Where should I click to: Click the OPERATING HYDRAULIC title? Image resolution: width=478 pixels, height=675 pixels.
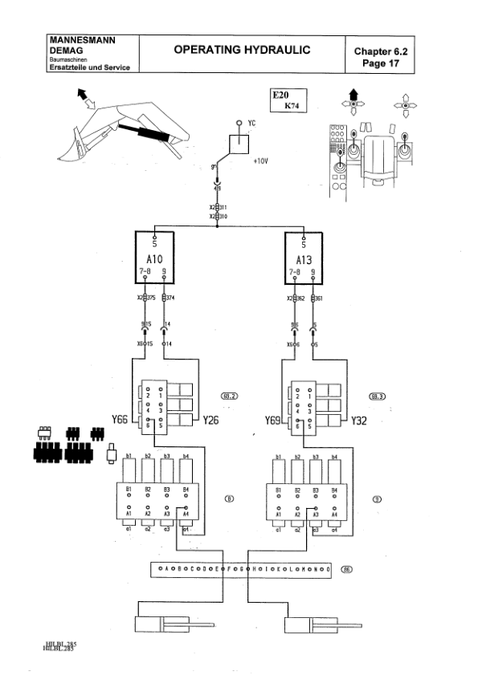click(x=242, y=50)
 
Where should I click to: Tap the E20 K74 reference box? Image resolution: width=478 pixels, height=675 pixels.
click(x=287, y=100)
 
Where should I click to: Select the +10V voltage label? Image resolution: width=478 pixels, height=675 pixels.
click(x=259, y=161)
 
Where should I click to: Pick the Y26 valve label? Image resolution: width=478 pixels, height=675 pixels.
click(x=212, y=419)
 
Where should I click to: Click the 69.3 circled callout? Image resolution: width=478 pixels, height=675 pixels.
click(x=376, y=396)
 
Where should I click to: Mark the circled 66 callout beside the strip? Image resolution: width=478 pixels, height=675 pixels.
click(x=346, y=570)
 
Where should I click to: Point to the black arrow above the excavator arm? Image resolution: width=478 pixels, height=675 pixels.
click(x=82, y=94)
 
